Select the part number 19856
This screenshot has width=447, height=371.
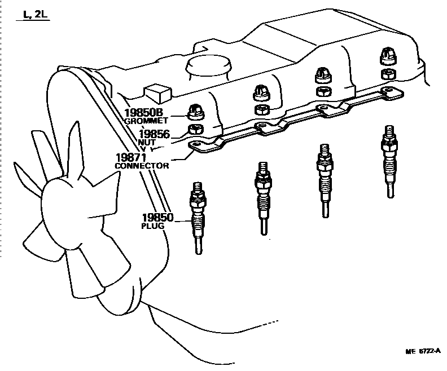click(x=155, y=134)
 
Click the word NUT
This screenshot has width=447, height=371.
click(x=146, y=142)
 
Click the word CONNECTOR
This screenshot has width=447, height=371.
click(x=142, y=166)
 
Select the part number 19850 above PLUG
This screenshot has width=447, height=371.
click(x=157, y=217)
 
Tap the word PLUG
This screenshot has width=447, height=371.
click(x=152, y=226)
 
